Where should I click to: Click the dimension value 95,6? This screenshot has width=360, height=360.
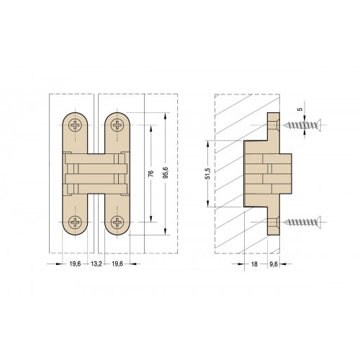tap(166, 174)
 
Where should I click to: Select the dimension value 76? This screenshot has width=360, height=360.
tap(151, 174)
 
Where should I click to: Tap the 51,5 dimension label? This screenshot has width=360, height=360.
tap(208, 174)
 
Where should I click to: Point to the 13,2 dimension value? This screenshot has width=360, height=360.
tap(96, 264)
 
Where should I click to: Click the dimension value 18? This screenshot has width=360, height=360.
tap(254, 264)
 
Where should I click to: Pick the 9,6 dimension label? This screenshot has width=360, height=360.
tap(274, 264)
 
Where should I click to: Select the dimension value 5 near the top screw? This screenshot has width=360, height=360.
tap(300, 109)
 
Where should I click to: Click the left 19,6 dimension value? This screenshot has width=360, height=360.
tap(75, 264)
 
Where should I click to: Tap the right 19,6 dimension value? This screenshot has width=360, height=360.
tap(117, 264)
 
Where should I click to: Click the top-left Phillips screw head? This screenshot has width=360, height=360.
tap(75, 125)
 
